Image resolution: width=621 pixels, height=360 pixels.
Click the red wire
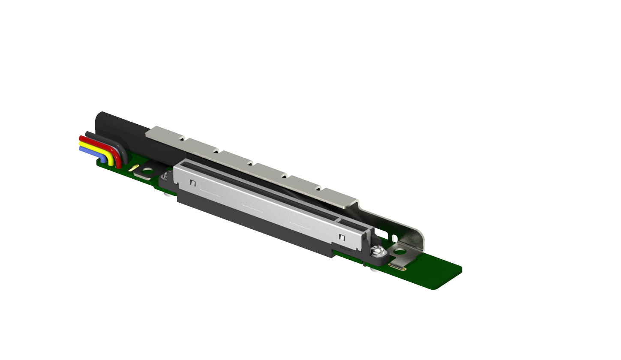99,144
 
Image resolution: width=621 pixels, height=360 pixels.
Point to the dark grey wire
105,139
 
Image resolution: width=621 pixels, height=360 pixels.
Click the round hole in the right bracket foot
399,251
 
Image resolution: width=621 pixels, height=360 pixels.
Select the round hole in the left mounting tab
147,172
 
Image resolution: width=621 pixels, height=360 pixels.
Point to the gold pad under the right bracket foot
397,267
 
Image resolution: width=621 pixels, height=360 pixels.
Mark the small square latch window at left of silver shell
193,183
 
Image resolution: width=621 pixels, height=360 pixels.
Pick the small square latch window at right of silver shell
342,237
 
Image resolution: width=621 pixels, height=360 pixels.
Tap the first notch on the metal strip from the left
182,139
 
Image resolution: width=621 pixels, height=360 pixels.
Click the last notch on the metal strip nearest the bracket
318,188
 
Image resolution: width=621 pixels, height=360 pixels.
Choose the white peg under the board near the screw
373,270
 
